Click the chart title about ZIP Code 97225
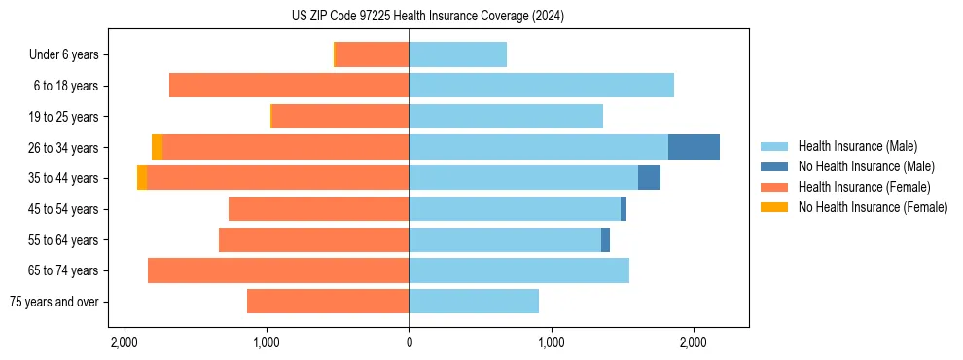(481, 17)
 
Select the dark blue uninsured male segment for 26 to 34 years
(694, 147)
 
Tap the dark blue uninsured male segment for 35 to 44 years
(649, 178)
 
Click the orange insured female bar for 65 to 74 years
(278, 270)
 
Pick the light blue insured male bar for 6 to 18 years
(541, 86)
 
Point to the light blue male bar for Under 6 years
(457, 54)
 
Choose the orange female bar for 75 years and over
(328, 302)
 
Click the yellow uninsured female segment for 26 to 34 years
(157, 147)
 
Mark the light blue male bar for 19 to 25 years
(506, 117)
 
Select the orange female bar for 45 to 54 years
(318, 209)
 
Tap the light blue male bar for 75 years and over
(474, 302)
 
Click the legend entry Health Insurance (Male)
(857, 146)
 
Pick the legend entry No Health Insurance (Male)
(866, 166)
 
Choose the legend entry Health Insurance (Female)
(864, 187)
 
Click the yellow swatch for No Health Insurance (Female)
(774, 207)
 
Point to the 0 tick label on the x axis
(409, 342)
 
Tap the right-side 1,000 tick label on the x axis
(551, 342)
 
